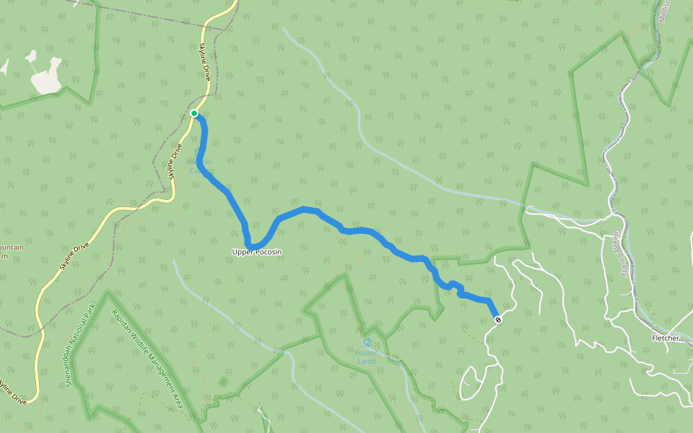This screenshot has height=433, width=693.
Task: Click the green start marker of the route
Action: point(194,113)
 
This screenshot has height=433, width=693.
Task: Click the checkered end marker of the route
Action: point(497,319)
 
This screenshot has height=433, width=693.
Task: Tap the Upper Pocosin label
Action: point(256,252)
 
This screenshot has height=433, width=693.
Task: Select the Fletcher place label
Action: point(665,338)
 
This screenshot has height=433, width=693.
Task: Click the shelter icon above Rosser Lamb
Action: point(367,342)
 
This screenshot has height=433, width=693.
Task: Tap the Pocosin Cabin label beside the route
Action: point(201,166)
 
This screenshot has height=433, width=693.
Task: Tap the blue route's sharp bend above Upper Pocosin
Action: point(249,243)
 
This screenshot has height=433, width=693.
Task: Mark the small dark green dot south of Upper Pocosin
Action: point(222,380)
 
